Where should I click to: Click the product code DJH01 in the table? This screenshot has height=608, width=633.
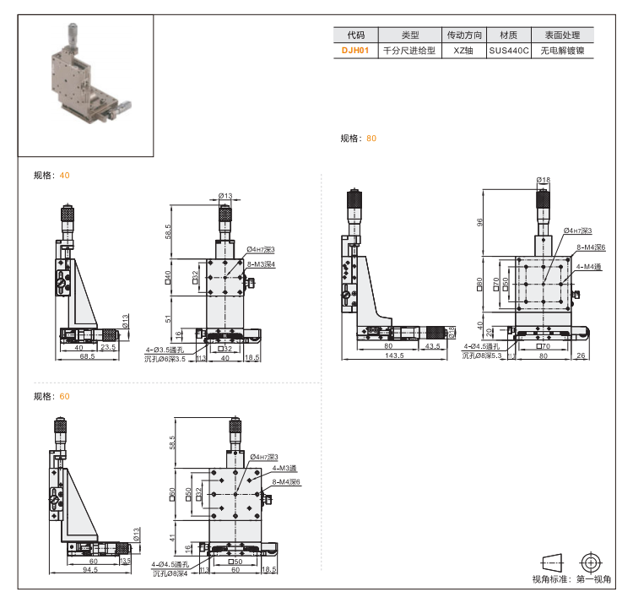click(355, 51)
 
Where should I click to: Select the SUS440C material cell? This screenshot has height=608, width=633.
click(509, 51)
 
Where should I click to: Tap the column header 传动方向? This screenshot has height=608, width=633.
click(465, 35)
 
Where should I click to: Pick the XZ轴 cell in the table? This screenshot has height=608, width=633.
click(465, 51)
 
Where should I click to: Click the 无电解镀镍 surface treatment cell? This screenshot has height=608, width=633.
click(562, 51)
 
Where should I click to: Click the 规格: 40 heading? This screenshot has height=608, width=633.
click(51, 176)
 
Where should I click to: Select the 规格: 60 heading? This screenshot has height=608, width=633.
click(51, 396)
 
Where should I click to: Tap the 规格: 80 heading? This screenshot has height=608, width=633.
click(359, 138)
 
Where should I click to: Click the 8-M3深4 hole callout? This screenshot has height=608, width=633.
click(262, 264)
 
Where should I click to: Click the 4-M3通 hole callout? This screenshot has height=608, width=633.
click(284, 468)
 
